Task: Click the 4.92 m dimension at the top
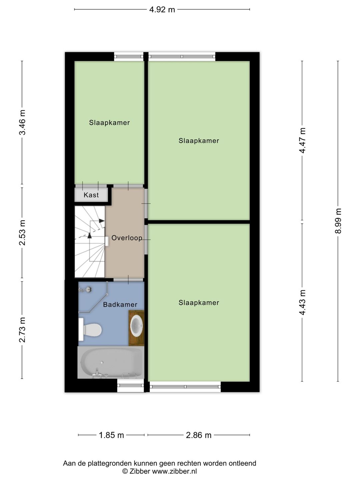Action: pos(162,10)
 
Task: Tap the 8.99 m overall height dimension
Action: pos(338,221)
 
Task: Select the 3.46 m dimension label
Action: pos(22,122)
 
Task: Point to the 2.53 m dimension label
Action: pos(22,233)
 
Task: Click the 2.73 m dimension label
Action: pos(22,330)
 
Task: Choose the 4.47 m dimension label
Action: pos(302,140)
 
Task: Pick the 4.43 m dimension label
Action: pos(302,302)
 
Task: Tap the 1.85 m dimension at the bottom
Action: pos(111,435)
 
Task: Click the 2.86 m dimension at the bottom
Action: pos(199,435)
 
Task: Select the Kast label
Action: pos(91,195)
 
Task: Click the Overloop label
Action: pos(127,238)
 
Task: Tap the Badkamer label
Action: pos(120,305)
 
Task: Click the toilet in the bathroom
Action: pos(90,329)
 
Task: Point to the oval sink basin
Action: pos(136,327)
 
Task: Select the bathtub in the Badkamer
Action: pos(111,363)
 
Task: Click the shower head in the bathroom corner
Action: pos(86,290)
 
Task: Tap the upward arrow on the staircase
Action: pos(89,235)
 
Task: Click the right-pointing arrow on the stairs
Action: pos(101,221)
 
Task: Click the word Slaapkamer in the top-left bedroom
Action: pos(109,123)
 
